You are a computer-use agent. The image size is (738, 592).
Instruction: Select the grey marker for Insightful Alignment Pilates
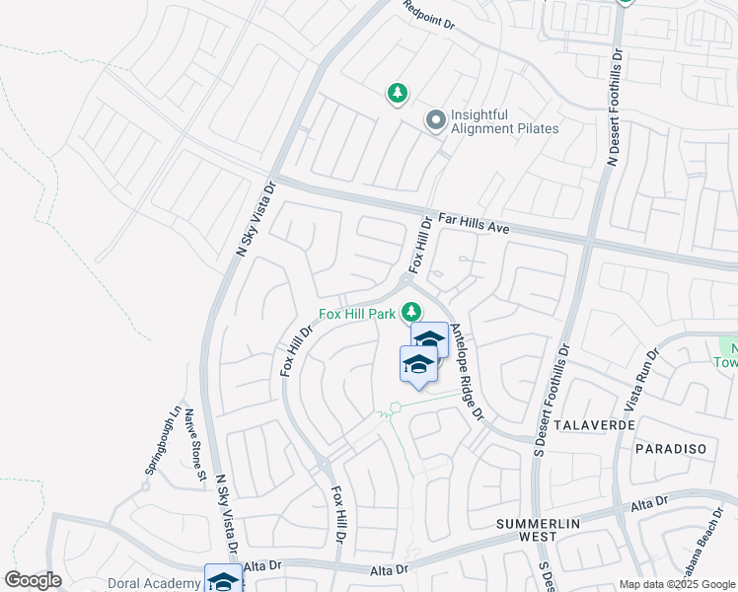(x=435, y=121)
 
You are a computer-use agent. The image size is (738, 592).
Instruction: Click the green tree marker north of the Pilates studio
(x=397, y=93)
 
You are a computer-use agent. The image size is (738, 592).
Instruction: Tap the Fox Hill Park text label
(x=356, y=315)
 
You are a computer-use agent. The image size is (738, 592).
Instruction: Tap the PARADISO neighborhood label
(x=671, y=449)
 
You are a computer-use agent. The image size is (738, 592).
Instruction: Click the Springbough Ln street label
(x=162, y=441)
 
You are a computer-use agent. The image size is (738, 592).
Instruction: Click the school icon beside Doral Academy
(x=222, y=580)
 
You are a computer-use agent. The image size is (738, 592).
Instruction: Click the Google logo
(x=33, y=580)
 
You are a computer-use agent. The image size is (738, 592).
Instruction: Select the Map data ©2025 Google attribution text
(x=677, y=584)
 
